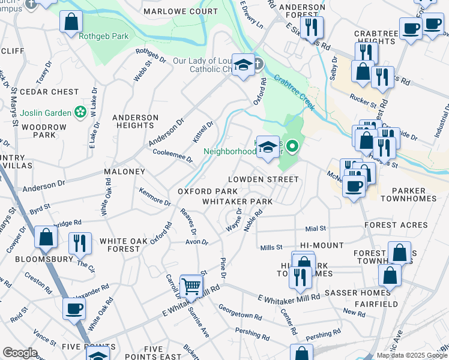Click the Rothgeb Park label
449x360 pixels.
[103, 37]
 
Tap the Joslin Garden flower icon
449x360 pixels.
[79, 112]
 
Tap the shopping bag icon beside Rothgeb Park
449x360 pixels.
[71, 22]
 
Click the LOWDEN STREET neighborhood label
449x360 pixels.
[262, 179]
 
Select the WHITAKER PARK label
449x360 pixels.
[237, 202]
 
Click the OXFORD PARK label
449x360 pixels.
[203, 191]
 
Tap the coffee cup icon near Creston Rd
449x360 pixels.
[74, 308]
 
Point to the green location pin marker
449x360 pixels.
[292, 146]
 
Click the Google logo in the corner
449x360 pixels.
[20, 353]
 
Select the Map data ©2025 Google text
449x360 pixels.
[412, 355]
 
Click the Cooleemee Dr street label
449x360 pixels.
[172, 156]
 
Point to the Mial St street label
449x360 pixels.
[315, 229]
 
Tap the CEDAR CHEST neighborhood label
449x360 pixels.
[49, 92]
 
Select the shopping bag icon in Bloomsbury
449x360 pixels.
[46, 237]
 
